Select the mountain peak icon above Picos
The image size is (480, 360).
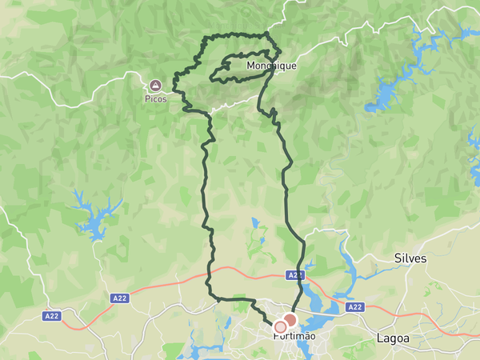(x=156, y=84)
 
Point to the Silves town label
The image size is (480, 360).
(x=411, y=259)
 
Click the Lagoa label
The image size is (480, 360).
(x=393, y=339)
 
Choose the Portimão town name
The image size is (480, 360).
(x=294, y=337)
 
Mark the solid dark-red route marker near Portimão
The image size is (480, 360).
(x=290, y=320)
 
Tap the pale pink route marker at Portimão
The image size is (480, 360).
(x=280, y=326)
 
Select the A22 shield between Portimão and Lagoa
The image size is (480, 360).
(x=355, y=307)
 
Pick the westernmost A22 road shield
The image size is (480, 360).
(x=52, y=316)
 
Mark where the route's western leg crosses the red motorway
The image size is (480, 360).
(x=210, y=276)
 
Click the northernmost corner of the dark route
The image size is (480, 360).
(x=266, y=34)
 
